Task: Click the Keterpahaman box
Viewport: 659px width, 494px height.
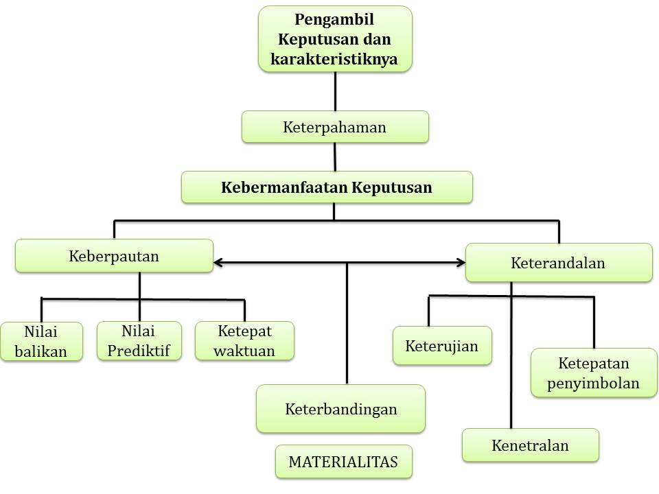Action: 335,127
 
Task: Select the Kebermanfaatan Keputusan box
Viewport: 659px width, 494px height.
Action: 327,187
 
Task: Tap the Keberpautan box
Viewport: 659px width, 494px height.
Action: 114,256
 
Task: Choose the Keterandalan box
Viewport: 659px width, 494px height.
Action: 558,263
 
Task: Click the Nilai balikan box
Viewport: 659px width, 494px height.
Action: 41,342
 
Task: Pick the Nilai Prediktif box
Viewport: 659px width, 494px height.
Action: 139,341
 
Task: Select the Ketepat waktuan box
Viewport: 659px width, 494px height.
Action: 245,341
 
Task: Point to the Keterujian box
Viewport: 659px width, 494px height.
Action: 441,345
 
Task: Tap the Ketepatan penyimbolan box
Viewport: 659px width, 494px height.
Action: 593,373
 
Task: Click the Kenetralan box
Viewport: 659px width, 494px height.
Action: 530,445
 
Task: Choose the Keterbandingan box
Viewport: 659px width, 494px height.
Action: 341,409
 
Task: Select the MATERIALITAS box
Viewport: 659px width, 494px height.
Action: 343,462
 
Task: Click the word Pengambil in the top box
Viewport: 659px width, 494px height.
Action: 334,21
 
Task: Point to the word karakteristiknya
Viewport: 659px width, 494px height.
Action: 334,59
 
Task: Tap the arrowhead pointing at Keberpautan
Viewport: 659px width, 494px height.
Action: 218,262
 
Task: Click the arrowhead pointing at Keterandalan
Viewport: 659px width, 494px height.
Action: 461,262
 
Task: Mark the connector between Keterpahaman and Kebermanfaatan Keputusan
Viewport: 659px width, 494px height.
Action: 334,157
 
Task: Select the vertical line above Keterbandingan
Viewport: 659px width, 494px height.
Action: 347,322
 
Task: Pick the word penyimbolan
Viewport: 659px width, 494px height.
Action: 593,383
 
